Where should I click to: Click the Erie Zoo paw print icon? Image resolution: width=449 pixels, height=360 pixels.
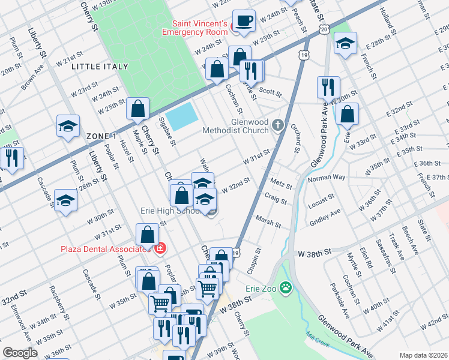286,289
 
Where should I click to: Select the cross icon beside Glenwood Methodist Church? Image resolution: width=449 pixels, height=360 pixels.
277,125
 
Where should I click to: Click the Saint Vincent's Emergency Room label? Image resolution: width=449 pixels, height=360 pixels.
199,28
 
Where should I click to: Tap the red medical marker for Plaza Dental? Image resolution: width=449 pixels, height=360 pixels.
160,248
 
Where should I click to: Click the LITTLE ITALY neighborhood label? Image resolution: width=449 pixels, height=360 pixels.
100,67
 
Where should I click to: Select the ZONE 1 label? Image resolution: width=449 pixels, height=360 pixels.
101,136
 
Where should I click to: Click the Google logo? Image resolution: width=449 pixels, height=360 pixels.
20,353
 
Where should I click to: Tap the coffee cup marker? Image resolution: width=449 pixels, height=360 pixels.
244,21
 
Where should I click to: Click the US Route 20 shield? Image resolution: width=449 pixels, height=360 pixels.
324,29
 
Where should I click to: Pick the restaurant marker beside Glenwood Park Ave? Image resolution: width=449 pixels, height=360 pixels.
328,88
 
